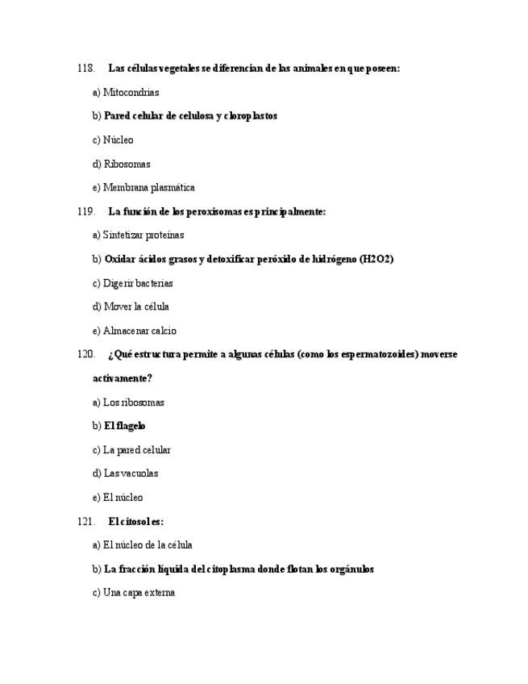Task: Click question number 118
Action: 86,69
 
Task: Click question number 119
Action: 86,211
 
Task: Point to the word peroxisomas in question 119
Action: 213,211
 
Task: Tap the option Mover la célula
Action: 131,307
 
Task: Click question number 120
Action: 86,354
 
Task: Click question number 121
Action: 86,521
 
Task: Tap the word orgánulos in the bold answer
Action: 351,569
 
